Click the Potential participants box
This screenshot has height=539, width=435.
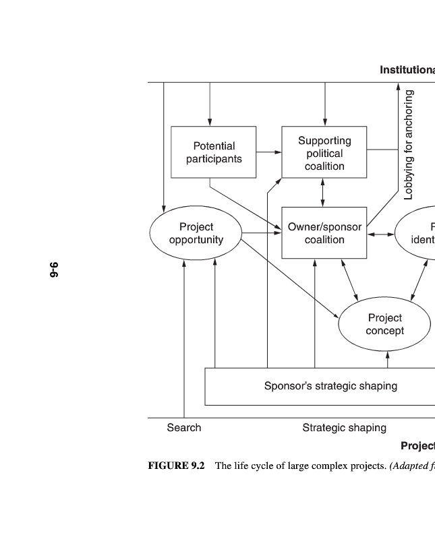(214, 152)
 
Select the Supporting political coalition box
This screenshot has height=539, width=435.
(324, 153)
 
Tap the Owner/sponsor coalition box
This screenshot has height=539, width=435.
(324, 233)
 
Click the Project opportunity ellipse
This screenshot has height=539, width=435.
(196, 233)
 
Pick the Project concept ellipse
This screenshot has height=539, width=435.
(384, 324)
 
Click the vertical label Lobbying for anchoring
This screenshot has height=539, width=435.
(409, 146)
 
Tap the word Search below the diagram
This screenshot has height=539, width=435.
(184, 428)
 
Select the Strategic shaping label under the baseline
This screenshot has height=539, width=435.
(344, 428)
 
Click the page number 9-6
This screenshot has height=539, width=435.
(54, 269)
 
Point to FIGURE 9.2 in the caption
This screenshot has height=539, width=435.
(176, 466)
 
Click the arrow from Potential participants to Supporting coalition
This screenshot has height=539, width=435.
(269, 152)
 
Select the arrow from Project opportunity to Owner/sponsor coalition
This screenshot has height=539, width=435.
(262, 233)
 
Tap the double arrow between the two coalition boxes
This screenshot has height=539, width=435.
(324, 193)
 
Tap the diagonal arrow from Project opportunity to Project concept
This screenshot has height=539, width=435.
(290, 278)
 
